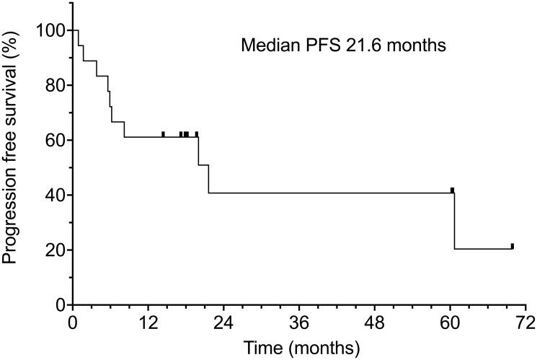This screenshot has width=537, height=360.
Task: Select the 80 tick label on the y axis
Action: click(x=54, y=85)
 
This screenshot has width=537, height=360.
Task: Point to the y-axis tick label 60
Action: click(x=54, y=140)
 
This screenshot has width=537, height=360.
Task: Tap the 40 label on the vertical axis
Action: click(x=54, y=195)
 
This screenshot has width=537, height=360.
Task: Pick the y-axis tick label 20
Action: click(x=54, y=250)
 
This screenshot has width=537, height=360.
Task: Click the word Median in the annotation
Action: click(x=263, y=47)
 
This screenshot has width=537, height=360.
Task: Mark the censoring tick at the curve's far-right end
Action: click(x=512, y=246)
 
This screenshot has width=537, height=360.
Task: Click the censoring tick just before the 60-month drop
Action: click(x=452, y=190)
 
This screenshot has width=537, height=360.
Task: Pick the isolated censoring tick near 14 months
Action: click(x=163, y=134)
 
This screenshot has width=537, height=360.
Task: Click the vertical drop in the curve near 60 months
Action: click(x=454, y=221)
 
